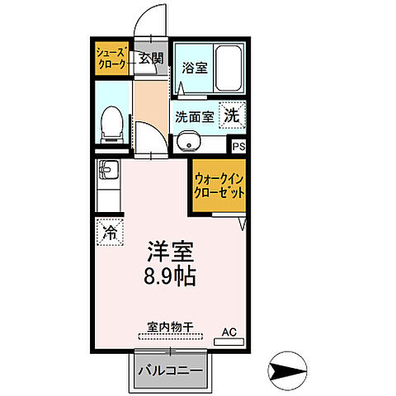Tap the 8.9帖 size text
click(x=172, y=276)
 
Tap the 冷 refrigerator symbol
click(x=110, y=232)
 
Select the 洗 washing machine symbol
click(x=233, y=116)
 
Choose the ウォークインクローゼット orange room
click(x=219, y=186)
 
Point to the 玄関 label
click(x=151, y=59)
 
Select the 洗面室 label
click(x=195, y=117)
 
